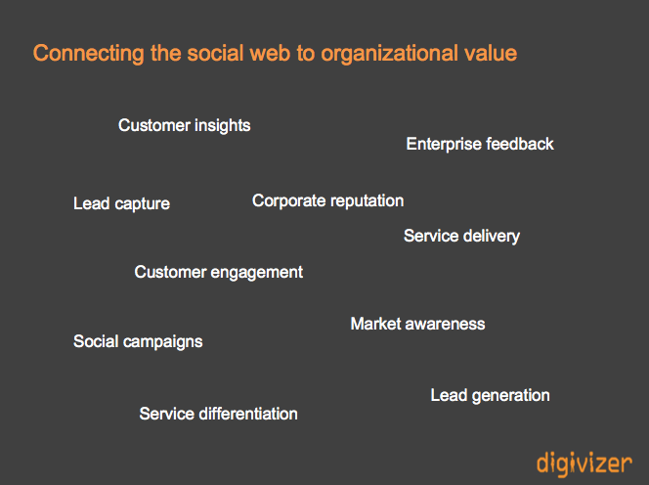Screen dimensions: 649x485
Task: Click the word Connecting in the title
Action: pyautogui.click(x=89, y=54)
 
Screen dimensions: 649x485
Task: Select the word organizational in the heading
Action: pyautogui.click(x=389, y=54)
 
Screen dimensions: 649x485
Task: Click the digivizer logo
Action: pyautogui.click(x=584, y=463)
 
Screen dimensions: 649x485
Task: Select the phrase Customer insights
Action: pyautogui.click(x=184, y=125)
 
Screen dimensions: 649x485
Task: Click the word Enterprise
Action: pyautogui.click(x=444, y=145)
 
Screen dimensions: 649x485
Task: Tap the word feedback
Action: pyautogui.click(x=520, y=144)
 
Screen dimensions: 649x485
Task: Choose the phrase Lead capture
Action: pyautogui.click(x=121, y=203)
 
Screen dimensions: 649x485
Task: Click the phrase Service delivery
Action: pyautogui.click(x=461, y=236)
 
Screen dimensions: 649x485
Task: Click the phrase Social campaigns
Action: pyautogui.click(x=138, y=342)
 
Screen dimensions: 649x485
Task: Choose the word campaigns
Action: pyautogui.click(x=162, y=342)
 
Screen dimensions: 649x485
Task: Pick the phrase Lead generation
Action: pyautogui.click(x=490, y=396)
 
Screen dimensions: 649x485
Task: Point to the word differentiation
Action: pyautogui.click(x=248, y=414)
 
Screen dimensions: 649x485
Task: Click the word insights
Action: pyautogui.click(x=222, y=126)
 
